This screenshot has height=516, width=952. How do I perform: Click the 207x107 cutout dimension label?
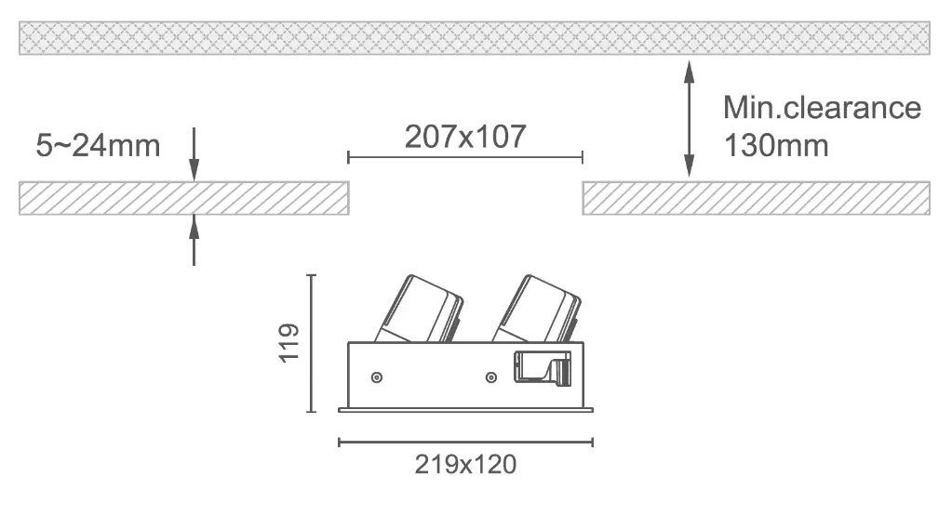click(x=465, y=137)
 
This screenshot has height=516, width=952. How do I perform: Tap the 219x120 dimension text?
click(x=465, y=465)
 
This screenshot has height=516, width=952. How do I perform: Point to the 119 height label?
click(x=289, y=343)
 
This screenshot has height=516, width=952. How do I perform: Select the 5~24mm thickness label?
click(x=98, y=146)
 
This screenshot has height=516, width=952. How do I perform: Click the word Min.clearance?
click(x=822, y=108)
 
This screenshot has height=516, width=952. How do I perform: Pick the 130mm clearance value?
click(x=776, y=146)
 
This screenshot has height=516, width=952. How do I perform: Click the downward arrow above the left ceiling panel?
click(x=194, y=154)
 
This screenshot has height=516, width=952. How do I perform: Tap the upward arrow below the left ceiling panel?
click(x=194, y=240)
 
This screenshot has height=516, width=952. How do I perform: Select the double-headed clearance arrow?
click(x=690, y=119)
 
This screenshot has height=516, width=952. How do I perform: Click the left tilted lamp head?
click(x=419, y=310)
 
